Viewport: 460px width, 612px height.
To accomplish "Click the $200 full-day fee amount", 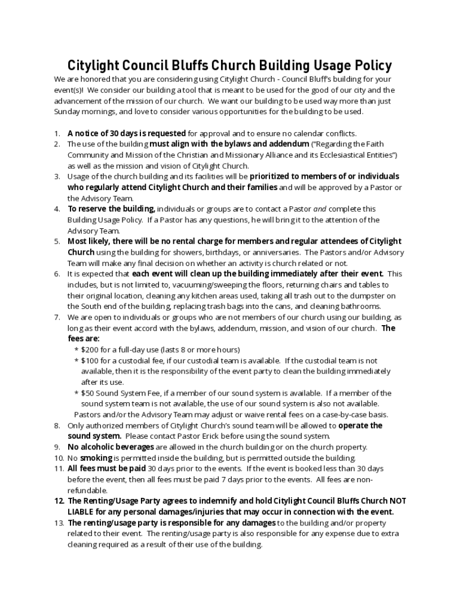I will pos(90,350).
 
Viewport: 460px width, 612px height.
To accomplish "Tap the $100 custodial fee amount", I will pos(90,360).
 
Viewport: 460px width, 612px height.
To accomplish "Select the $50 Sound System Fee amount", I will pos(88,393).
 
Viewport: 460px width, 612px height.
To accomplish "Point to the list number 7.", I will pos(57,317).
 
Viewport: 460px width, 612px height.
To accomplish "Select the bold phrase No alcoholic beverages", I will pos(111,447).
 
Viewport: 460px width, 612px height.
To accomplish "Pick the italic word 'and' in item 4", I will pos(320,209).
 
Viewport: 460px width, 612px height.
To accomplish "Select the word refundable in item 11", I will pos(87,490).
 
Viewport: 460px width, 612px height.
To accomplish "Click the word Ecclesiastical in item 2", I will pos(341,155).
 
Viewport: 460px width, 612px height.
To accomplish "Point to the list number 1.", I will pos(57,133).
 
